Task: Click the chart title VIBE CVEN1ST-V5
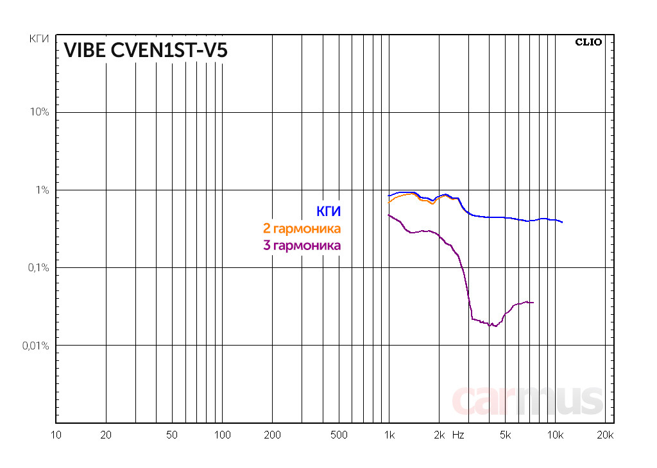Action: (x=145, y=51)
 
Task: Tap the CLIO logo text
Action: (x=588, y=42)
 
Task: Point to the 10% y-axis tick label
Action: (x=40, y=112)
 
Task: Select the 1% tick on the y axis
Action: (x=42, y=190)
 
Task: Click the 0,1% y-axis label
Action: (x=37, y=267)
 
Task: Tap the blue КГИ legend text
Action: (x=328, y=211)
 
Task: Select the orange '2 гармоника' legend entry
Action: (x=302, y=228)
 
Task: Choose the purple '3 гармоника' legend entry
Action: (x=302, y=245)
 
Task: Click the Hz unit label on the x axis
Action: (x=458, y=435)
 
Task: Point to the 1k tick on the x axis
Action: (x=389, y=435)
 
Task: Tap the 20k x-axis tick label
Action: (x=606, y=435)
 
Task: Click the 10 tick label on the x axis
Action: (x=56, y=435)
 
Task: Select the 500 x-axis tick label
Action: (x=339, y=435)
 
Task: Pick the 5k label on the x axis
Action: (x=505, y=435)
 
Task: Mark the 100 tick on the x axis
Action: (x=222, y=435)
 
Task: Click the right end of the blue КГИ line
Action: (x=562, y=222)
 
